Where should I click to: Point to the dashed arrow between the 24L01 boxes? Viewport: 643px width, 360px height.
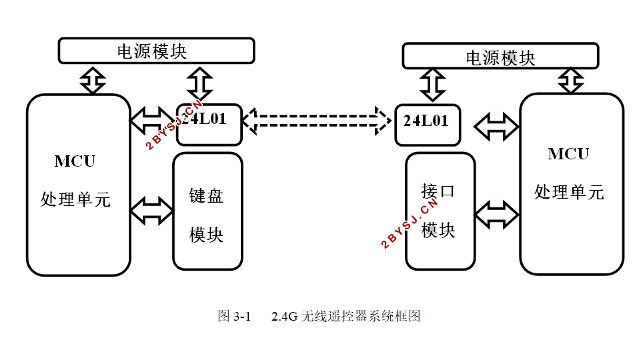[x=317, y=121]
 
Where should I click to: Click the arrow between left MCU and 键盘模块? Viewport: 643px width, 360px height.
[x=151, y=211]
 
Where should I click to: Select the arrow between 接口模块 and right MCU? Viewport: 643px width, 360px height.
[x=497, y=214]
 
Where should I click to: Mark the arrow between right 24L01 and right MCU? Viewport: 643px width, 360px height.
[x=497, y=127]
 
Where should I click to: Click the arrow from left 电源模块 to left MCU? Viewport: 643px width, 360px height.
[x=93, y=81]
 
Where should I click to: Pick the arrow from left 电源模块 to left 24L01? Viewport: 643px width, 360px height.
[x=199, y=83]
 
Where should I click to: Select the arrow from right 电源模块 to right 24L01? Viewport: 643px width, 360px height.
[x=433, y=85]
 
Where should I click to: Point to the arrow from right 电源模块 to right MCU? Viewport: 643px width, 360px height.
[x=571, y=81]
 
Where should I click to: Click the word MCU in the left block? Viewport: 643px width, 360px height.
[x=75, y=161]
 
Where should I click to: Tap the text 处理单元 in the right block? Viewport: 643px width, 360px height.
[x=569, y=192]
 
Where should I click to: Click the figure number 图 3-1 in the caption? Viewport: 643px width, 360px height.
[x=233, y=316]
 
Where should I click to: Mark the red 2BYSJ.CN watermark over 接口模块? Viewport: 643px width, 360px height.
[x=410, y=223]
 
